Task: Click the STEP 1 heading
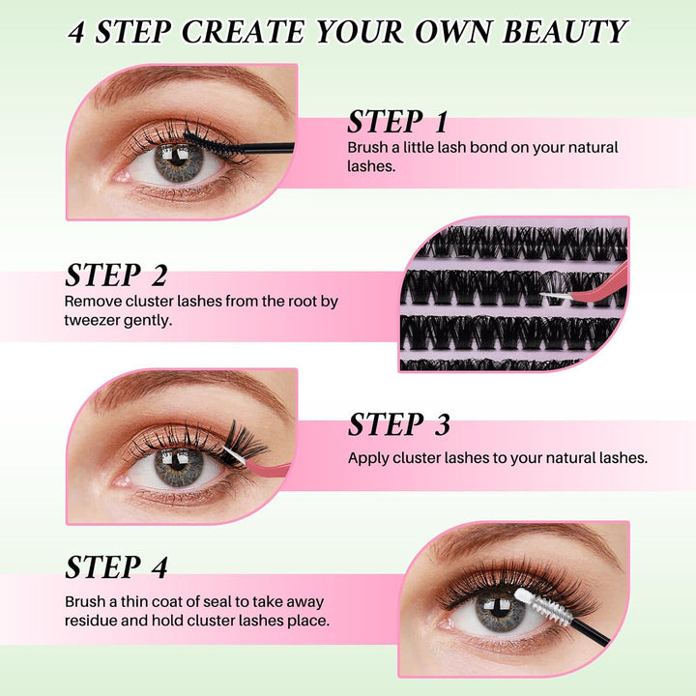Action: click(397, 123)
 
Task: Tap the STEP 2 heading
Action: click(116, 275)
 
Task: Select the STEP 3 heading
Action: click(398, 424)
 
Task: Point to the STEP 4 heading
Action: click(116, 565)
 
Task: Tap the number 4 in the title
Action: click(79, 32)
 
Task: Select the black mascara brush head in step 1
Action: click(205, 142)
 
